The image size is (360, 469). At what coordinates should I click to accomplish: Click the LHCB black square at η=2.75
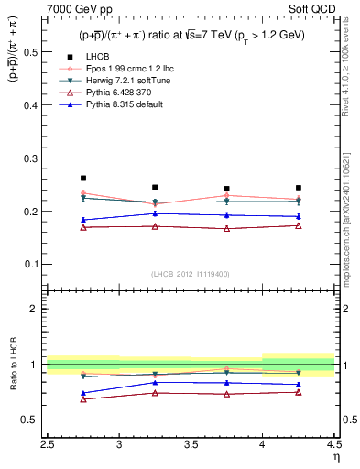point(83,178)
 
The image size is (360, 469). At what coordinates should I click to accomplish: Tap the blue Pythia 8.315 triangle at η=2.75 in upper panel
point(83,220)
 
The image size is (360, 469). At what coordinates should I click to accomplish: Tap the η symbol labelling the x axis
point(335,457)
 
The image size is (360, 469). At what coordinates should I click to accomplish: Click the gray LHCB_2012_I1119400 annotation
point(191,274)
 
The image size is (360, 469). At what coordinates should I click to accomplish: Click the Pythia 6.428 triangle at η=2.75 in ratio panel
point(83,399)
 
